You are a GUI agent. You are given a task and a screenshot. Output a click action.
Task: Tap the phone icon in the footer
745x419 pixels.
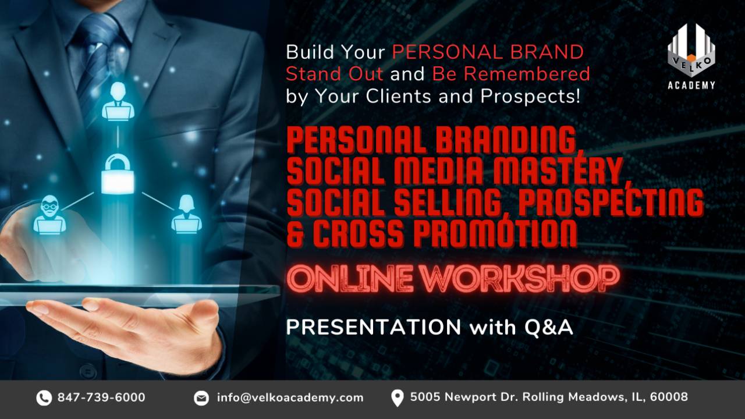[x=44, y=398]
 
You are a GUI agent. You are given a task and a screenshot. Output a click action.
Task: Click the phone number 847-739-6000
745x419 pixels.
[x=101, y=397]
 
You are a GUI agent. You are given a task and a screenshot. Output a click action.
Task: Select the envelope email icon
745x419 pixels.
[x=201, y=398]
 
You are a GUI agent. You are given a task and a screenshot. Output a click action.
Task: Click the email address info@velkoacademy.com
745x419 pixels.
[x=290, y=397]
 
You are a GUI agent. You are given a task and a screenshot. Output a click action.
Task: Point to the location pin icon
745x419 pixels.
[x=397, y=398]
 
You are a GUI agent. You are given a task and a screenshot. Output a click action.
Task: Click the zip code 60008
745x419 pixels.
[x=669, y=397]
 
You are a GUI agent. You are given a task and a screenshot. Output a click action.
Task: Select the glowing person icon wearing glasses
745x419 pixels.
[x=49, y=215]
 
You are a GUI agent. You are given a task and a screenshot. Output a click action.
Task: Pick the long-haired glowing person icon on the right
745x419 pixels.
[x=186, y=214]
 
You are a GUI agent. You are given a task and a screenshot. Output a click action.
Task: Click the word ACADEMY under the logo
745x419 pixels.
[x=691, y=85]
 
